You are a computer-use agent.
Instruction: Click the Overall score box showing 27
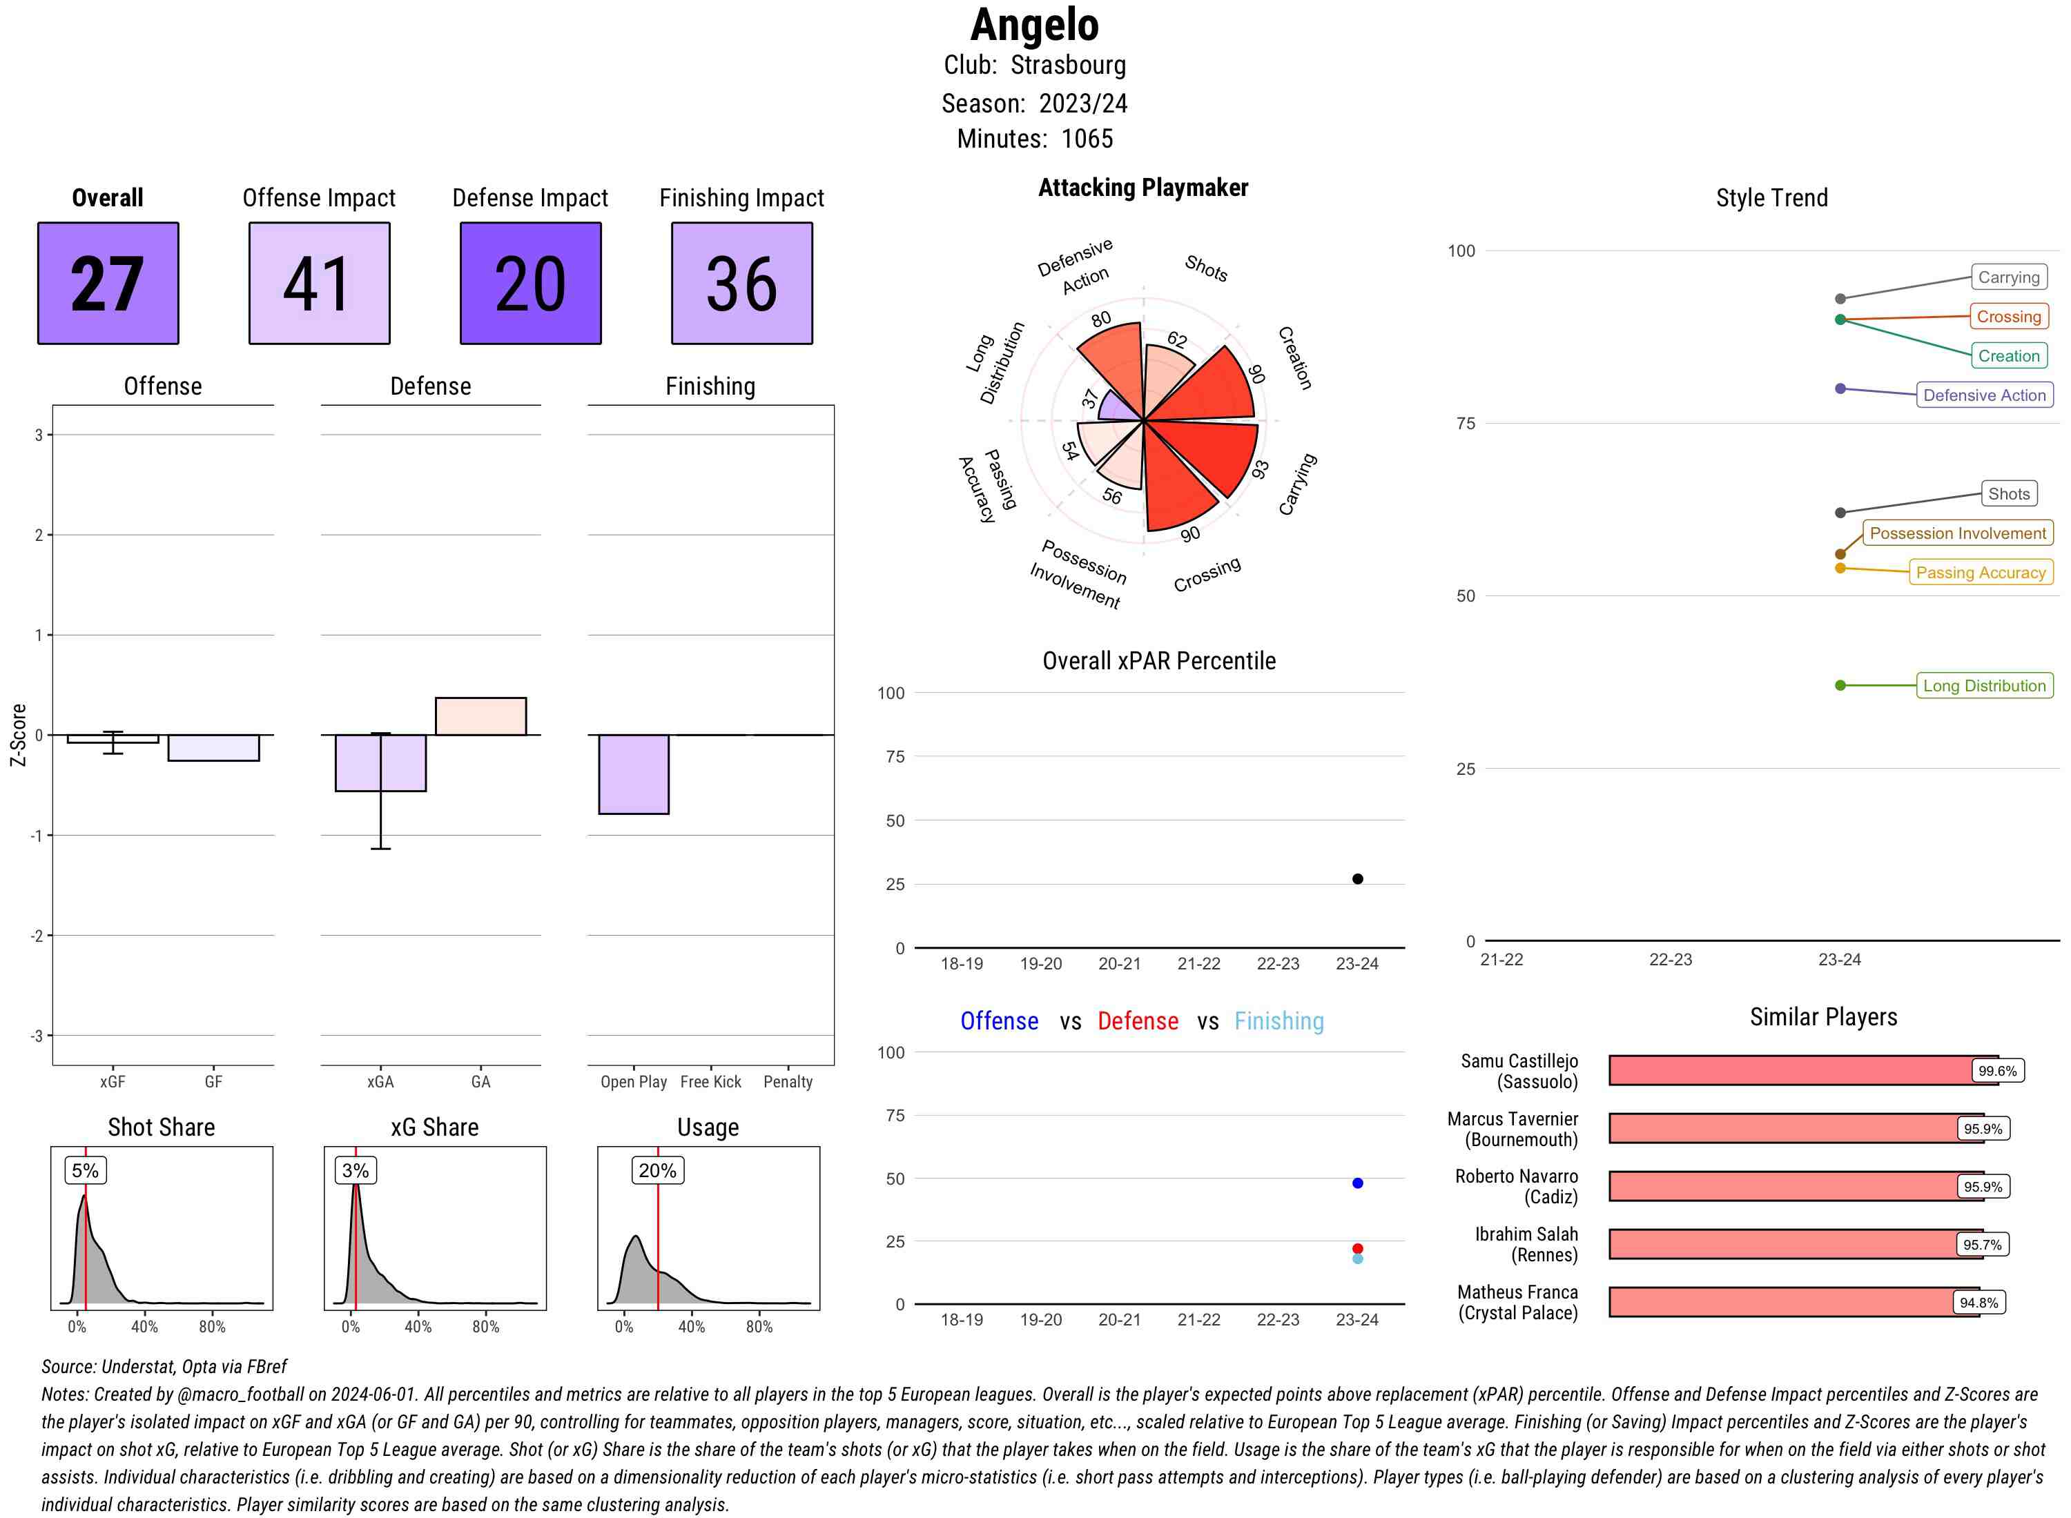point(108,283)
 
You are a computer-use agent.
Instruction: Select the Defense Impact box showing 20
point(530,283)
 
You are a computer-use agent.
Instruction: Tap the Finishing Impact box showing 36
point(742,283)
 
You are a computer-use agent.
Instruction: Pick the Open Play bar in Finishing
point(633,773)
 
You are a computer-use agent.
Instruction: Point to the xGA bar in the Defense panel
point(380,762)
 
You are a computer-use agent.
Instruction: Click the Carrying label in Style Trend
point(2008,277)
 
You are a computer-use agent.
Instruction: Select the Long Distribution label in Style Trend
point(1984,685)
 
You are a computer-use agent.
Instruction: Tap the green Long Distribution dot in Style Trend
point(1840,685)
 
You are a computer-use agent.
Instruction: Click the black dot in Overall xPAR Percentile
point(1358,879)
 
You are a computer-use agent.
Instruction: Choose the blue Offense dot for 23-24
point(1358,1183)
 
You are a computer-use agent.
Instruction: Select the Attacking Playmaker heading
point(1143,188)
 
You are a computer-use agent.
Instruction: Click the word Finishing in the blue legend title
point(1278,1021)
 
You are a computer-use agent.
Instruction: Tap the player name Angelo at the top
point(1034,25)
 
